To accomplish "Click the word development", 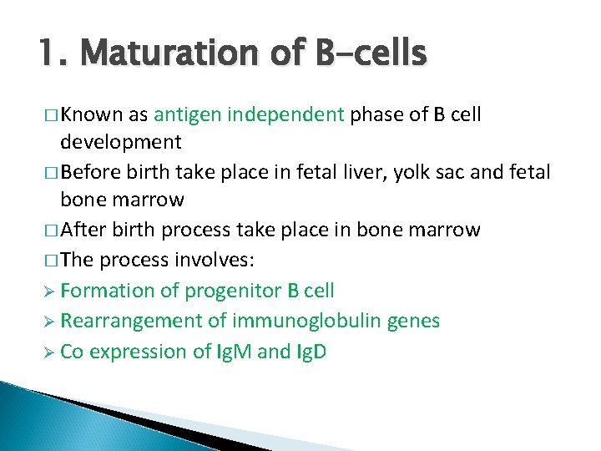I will (121, 143).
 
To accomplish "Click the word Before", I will (90, 172).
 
